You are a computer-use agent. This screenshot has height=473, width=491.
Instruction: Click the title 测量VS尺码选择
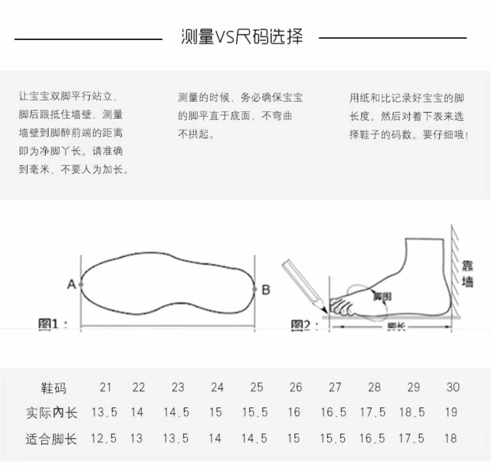coord(242,37)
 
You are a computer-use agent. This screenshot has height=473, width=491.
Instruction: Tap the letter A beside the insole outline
coord(71,284)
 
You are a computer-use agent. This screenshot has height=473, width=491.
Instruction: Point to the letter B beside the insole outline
coord(266,290)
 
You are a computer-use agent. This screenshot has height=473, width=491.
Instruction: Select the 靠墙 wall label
coord(467,274)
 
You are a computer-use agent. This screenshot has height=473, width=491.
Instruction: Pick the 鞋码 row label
coord(53,387)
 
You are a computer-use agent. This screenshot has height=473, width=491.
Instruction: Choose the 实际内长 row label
coord(51,413)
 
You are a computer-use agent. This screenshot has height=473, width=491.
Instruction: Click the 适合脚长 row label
coord(51,439)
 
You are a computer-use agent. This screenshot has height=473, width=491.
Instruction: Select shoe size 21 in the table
coord(105,387)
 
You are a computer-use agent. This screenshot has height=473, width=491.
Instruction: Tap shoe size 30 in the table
coord(453,387)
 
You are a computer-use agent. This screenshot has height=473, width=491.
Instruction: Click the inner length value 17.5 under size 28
coord(372,412)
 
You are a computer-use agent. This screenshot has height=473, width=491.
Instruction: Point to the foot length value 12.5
coord(103,439)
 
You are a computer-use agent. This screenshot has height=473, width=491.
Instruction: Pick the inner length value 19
coord(451,412)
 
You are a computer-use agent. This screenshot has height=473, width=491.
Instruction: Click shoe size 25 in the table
coord(256,387)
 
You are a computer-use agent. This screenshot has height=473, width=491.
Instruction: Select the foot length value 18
coord(450,439)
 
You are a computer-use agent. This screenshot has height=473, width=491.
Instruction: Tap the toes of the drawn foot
coord(341,306)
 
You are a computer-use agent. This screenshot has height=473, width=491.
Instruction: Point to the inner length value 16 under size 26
coord(294,412)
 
